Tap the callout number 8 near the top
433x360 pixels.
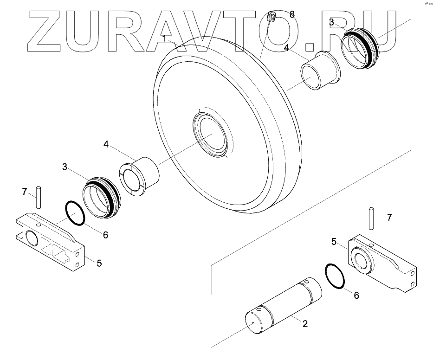point(292,14)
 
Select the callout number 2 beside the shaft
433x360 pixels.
point(305,324)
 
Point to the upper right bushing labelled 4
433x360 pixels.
point(320,71)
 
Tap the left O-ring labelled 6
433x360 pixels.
point(75,213)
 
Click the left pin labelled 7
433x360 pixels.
point(39,197)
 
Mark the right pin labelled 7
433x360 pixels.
point(372,218)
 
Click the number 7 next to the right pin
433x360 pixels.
point(389,217)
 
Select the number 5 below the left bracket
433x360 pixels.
point(99,263)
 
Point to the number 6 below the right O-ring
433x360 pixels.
point(356,295)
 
